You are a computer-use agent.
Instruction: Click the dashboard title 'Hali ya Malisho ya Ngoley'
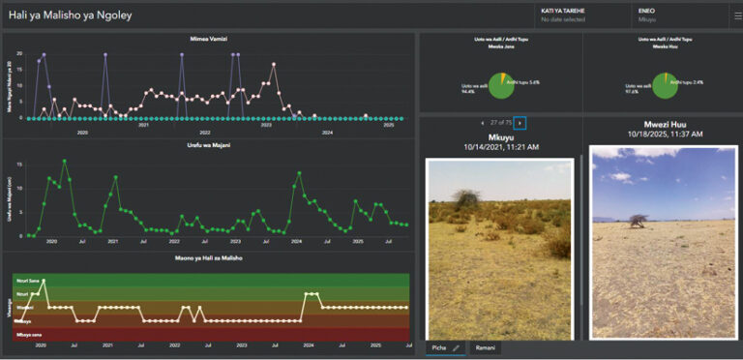coord(70,16)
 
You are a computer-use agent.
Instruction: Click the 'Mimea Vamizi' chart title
coord(207,39)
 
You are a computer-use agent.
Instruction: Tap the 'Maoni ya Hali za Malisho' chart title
coord(208,258)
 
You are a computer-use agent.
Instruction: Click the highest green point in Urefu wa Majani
coord(65,161)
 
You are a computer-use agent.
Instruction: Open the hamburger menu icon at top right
coord(736,15)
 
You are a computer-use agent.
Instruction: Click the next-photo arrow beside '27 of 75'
coord(520,123)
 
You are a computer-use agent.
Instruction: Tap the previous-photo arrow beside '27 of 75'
coord(483,123)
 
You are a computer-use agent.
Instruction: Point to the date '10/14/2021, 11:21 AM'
coord(500,146)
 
